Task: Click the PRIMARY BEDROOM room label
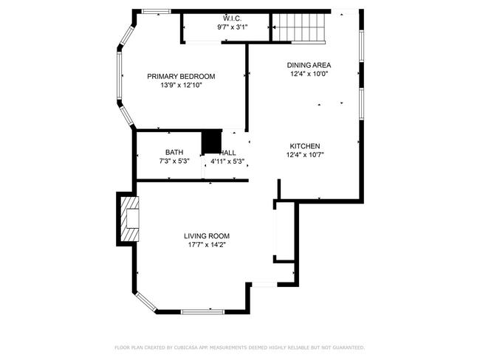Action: click(x=181, y=77)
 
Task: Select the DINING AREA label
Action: click(x=309, y=65)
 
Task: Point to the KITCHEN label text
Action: click(x=305, y=146)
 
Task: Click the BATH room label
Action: click(x=174, y=152)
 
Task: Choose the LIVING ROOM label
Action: click(x=207, y=236)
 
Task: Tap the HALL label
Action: click(x=228, y=153)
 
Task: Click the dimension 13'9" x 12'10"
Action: click(x=181, y=86)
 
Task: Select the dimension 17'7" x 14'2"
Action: click(x=207, y=245)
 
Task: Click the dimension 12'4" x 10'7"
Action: click(x=305, y=155)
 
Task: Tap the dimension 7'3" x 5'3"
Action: click(x=174, y=161)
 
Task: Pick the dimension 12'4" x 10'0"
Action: click(x=309, y=74)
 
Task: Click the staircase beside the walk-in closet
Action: click(x=299, y=27)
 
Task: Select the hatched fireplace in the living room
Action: click(x=129, y=219)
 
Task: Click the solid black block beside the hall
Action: click(x=211, y=142)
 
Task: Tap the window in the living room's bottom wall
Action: click(x=202, y=312)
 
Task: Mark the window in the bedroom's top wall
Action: click(x=156, y=12)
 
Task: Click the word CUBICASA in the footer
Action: click(x=186, y=347)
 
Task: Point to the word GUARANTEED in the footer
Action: click(x=349, y=347)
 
